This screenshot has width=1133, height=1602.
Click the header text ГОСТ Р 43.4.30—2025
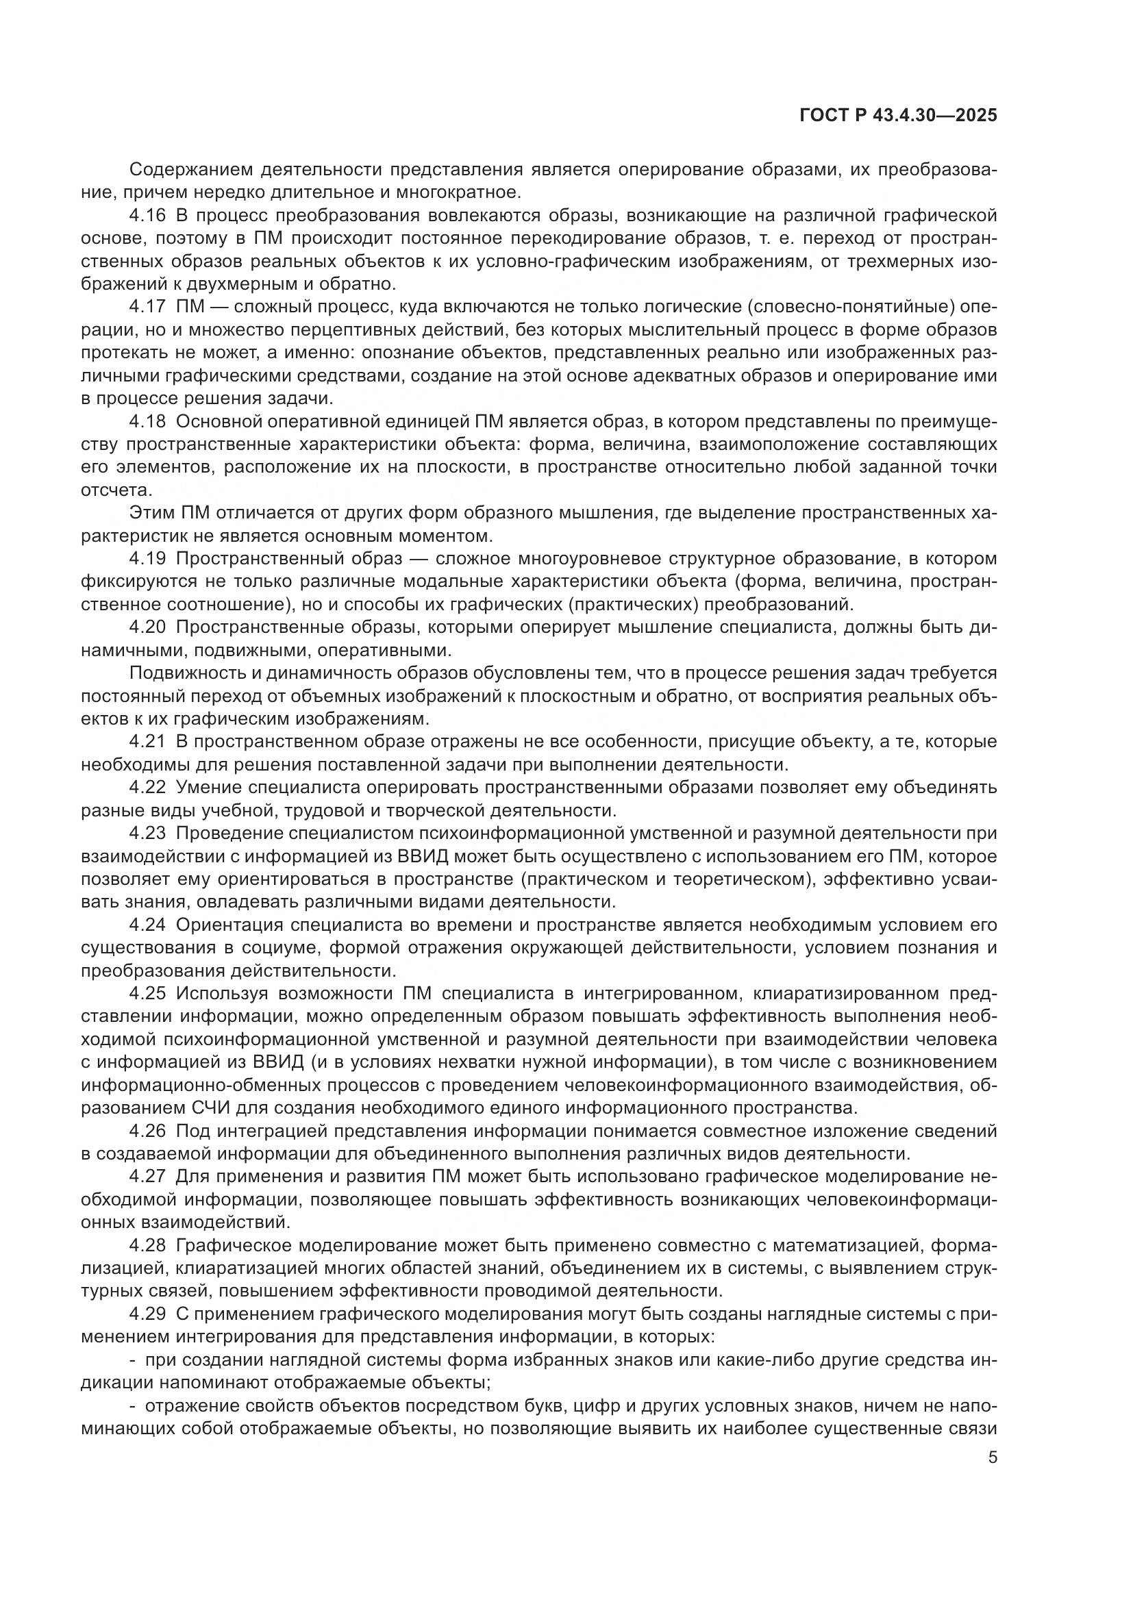(898, 116)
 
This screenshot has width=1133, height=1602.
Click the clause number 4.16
(148, 216)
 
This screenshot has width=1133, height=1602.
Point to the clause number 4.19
(148, 559)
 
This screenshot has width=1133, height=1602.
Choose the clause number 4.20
(148, 627)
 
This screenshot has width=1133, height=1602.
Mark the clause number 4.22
(148, 788)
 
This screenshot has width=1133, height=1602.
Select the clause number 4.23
(148, 833)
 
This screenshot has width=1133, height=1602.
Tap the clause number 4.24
(148, 925)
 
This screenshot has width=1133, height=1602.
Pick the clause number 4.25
(148, 994)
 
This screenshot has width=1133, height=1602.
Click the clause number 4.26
(148, 1131)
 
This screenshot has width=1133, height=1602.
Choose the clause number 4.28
(148, 1245)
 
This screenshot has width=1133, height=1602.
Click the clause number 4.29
(148, 1314)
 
